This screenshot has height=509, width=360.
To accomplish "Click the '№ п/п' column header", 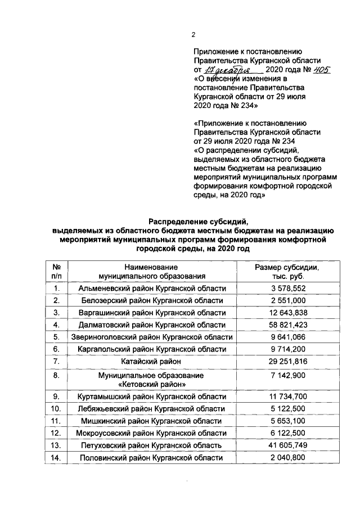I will [x=56, y=272].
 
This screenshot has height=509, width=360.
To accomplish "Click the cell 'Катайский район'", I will [x=152, y=361].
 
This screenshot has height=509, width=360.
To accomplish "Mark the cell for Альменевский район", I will [x=152, y=288].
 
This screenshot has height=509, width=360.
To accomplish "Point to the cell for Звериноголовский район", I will [x=152, y=337].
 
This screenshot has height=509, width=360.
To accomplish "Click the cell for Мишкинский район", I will [x=152, y=421].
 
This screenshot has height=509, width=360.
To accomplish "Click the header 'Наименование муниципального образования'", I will [x=152, y=272].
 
